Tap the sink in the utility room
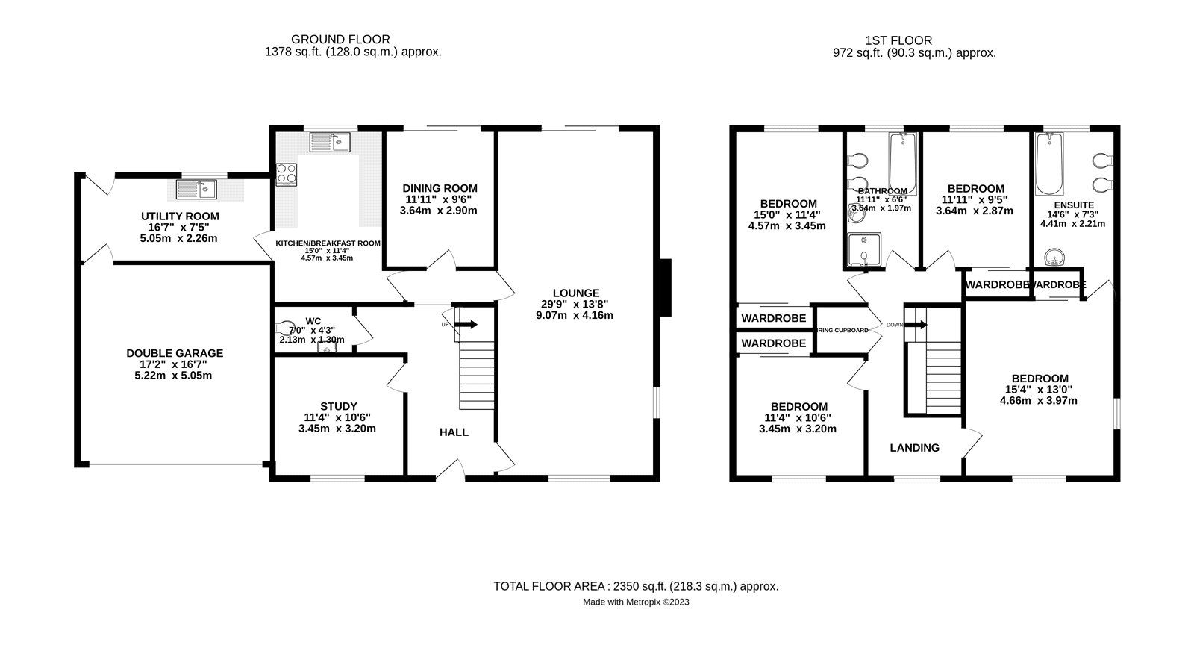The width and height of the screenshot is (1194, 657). tap(196, 190)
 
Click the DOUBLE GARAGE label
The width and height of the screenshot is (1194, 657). tap(175, 353)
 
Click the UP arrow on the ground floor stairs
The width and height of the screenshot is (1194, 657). tap(467, 324)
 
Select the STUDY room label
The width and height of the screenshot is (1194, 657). tap(339, 406)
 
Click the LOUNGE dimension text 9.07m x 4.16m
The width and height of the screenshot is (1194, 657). tap(575, 315)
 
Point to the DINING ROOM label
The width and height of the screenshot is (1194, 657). tap(440, 188)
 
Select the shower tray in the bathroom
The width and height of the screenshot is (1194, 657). tap(863, 250)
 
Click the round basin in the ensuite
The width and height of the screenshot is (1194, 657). tap(1054, 258)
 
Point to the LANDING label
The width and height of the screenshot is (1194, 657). tap(914, 448)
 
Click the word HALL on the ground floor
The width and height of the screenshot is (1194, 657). tap(454, 432)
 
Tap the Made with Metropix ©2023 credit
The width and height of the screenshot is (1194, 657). tap(636, 602)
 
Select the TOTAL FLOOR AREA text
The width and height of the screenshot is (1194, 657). tap(636, 586)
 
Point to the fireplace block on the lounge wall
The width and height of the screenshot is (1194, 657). tap(666, 287)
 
